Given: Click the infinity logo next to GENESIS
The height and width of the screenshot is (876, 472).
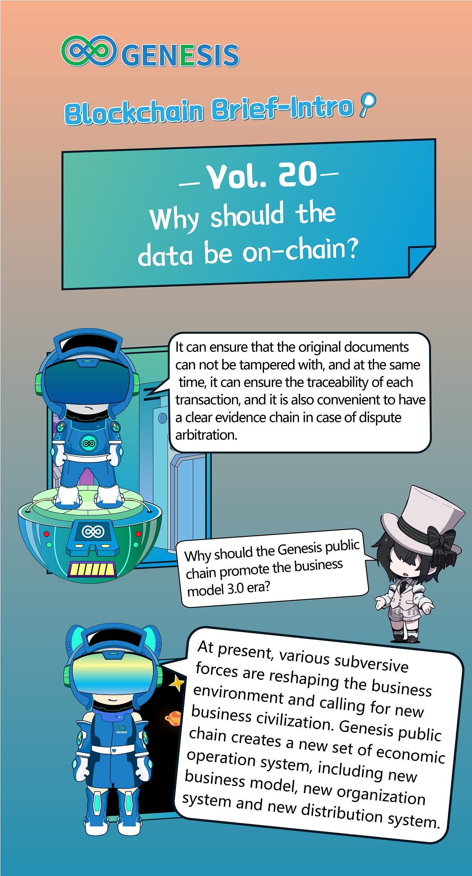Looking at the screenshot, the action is pos(89,51).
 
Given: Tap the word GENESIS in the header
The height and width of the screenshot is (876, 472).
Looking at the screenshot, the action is pos(181,55).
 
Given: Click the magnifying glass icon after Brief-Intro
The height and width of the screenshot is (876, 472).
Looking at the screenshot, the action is pos(368,104).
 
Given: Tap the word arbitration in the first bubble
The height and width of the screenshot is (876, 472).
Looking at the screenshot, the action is pos(206,435).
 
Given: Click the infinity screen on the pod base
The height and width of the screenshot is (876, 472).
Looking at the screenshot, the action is pos(93,532).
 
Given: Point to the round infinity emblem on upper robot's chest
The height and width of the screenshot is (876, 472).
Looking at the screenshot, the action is pos(89,443).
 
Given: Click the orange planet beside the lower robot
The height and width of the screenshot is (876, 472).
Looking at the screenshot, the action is pos(173,719).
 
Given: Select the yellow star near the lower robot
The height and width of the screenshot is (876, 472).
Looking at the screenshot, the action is pos(177,683).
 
